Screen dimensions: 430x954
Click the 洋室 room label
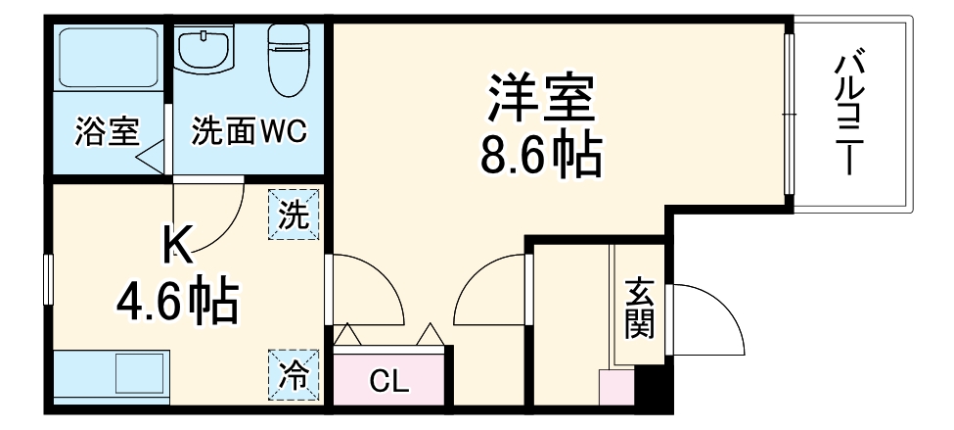point(541,98)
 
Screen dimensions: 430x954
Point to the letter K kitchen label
point(178,245)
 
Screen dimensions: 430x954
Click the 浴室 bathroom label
point(107,131)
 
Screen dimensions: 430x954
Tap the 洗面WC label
point(249,131)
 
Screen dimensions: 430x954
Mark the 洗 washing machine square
point(295,214)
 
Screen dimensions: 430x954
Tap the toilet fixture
point(289,59)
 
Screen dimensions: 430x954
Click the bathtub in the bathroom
point(108,60)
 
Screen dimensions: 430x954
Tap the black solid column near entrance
point(652,389)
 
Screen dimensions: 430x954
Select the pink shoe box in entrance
point(616,390)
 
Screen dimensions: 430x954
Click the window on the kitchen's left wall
point(47,279)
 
